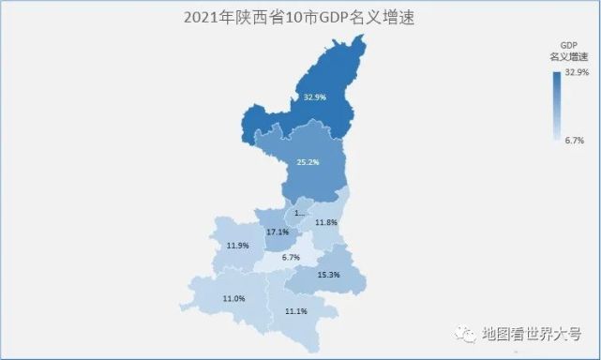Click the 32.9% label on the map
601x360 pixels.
[x=314, y=97]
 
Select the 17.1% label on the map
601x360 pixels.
[x=278, y=232]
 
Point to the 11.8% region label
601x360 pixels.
[x=326, y=222]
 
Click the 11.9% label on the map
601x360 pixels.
[x=238, y=246]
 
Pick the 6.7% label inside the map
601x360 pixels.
[x=291, y=257]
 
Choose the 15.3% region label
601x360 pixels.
[x=328, y=274]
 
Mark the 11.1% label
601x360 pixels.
[x=296, y=311]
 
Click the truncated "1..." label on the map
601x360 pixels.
[x=299, y=213]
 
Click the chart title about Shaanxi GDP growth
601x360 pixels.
[x=300, y=18]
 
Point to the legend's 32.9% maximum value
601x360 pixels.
[x=576, y=72]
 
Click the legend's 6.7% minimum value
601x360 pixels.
[x=576, y=140]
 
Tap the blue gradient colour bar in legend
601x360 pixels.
[x=557, y=106]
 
